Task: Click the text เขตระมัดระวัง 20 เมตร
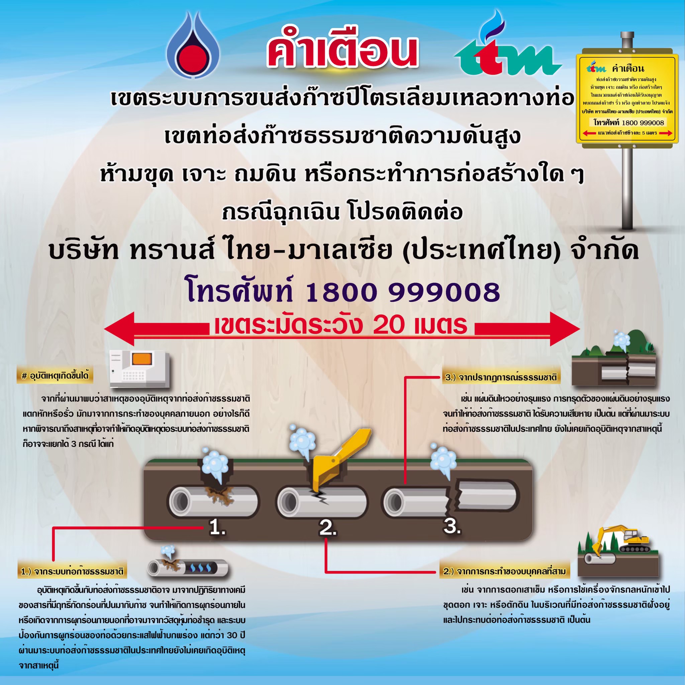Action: pos(341,325)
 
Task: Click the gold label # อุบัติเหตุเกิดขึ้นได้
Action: pos(55,376)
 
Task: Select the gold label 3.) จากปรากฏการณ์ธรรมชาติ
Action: pos(501,377)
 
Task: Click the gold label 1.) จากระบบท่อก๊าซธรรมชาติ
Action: pos(72,571)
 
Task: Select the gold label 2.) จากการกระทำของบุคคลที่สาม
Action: pos(504,571)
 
